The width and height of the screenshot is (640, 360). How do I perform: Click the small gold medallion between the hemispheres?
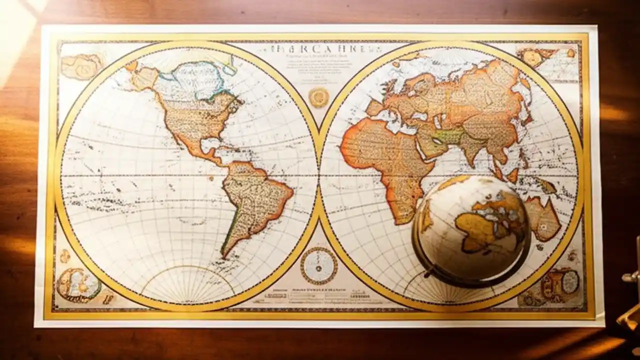pyautogui.click(x=318, y=97)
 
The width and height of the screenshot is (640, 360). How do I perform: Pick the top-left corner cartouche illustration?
pyautogui.click(x=81, y=66)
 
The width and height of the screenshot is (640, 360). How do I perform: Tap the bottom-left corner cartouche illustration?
pyautogui.click(x=77, y=285)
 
